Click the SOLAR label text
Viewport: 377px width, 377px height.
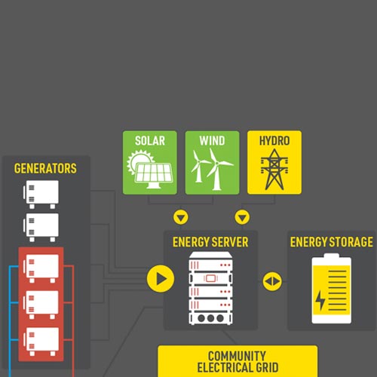pyautogui.click(x=150, y=141)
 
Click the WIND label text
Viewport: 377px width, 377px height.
pyautogui.click(x=212, y=141)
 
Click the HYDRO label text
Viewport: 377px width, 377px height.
pyautogui.click(x=274, y=141)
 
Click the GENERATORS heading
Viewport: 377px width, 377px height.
pyautogui.click(x=45, y=169)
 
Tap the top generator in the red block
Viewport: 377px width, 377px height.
pyautogui.click(x=40, y=267)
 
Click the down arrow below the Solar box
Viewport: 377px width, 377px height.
pyautogui.click(x=180, y=218)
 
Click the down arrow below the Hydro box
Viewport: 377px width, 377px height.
pyautogui.click(x=242, y=218)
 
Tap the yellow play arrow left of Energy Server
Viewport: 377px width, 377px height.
pyautogui.click(x=160, y=278)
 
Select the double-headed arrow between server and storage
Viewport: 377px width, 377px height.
pyautogui.click(x=272, y=281)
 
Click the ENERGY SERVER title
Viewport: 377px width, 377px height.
pyautogui.click(x=210, y=242)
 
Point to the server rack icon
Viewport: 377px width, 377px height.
pyautogui.click(x=210, y=290)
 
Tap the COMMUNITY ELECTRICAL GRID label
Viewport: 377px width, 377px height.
pyautogui.click(x=237, y=361)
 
